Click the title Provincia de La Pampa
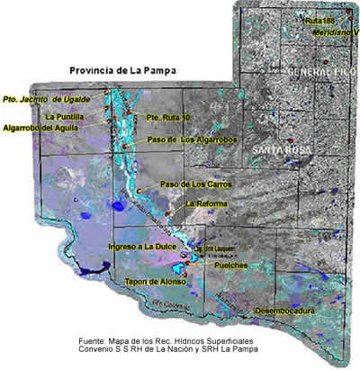(123, 69)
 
